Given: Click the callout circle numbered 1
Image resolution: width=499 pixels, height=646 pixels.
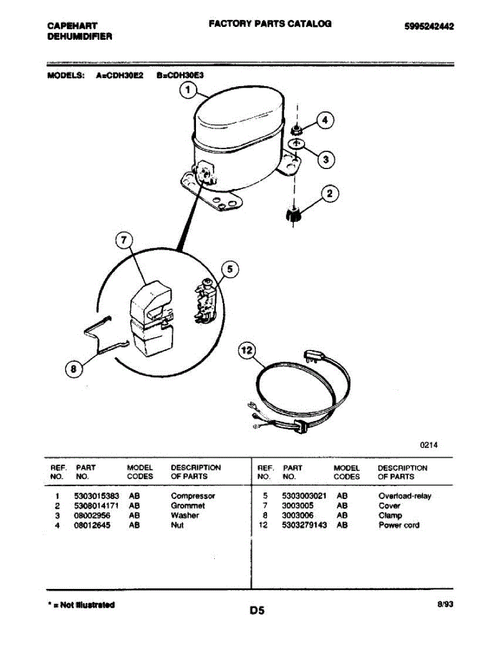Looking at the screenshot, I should pos(188,91).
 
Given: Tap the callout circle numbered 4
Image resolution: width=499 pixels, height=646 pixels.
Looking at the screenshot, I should pos(325,121).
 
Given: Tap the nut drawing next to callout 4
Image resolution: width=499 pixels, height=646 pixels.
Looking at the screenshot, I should pos(295,129).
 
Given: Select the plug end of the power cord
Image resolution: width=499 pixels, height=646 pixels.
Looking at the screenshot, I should pos(314,355).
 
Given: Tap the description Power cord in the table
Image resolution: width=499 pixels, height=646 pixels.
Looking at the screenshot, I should pos(399,525).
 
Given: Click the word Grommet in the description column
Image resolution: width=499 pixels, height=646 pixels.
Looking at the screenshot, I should pos(188,506).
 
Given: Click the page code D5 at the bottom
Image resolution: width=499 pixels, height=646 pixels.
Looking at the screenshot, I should pos(257,610).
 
